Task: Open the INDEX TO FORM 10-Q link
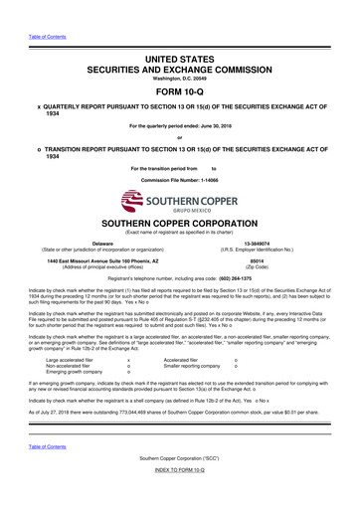click(x=180, y=496)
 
